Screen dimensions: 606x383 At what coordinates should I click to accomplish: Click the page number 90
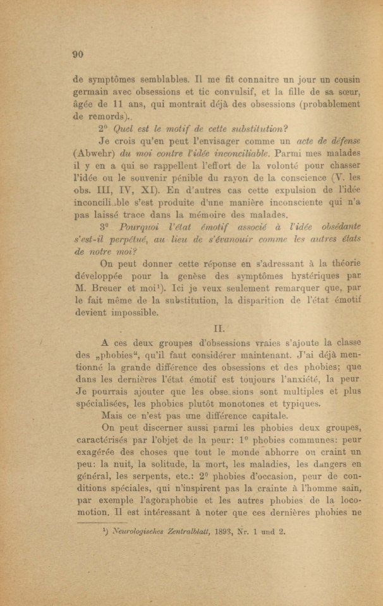coord(78,55)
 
